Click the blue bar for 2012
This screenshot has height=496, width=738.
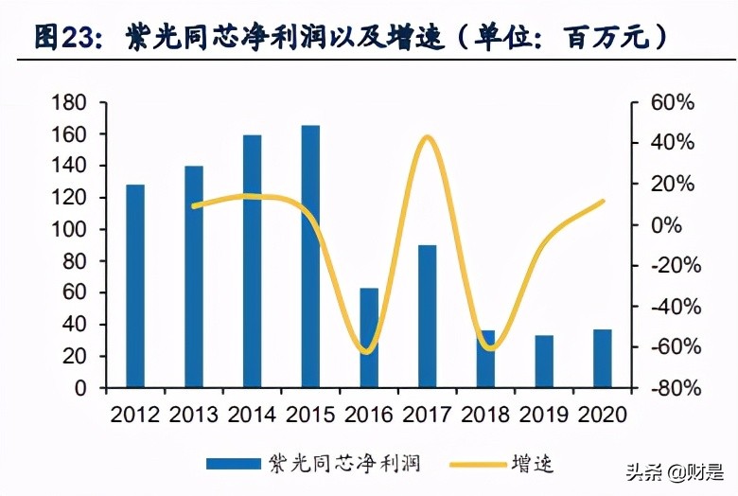tap(135, 286)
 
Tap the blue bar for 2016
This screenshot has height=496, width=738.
tap(369, 337)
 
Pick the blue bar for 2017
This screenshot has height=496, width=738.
tap(428, 316)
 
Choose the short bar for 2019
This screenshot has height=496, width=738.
tap(544, 362)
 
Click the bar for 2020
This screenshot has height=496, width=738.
tap(603, 359)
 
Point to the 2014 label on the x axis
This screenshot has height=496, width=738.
tap(253, 415)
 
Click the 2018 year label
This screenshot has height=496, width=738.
tap(486, 415)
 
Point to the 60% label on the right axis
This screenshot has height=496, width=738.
tap(674, 102)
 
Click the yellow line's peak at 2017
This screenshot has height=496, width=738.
tap(428, 138)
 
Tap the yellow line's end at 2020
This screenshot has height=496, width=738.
tap(603, 201)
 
